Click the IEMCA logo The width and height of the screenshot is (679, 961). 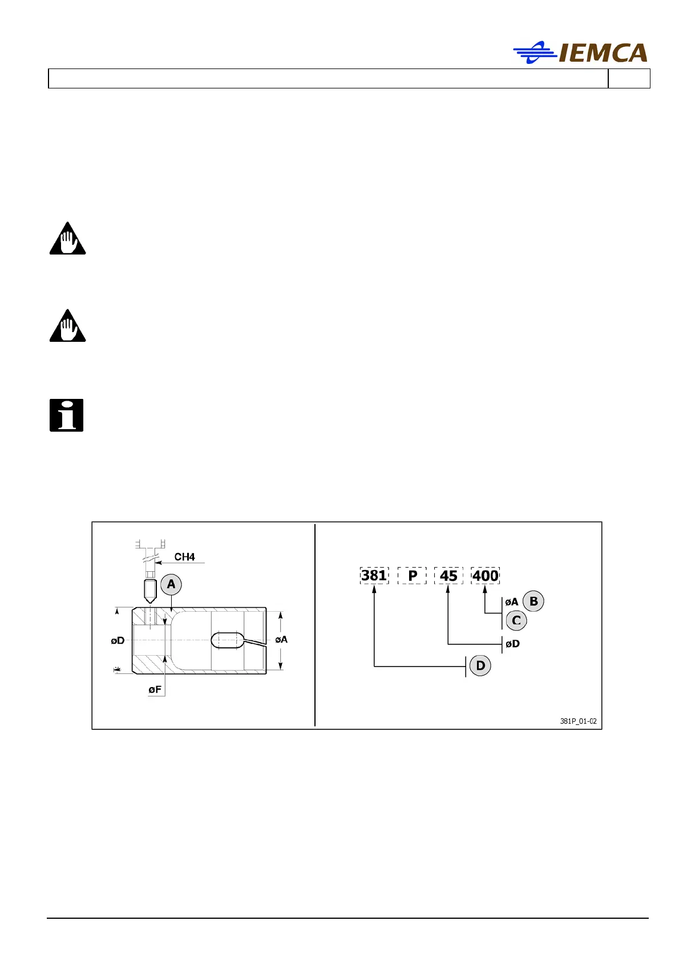click(x=580, y=53)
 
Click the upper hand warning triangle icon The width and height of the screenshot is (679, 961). click(x=67, y=239)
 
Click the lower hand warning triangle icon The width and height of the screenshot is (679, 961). click(x=67, y=326)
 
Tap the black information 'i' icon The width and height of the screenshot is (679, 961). click(x=67, y=415)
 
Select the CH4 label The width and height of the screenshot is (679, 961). click(x=184, y=556)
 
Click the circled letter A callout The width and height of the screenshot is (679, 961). click(x=171, y=584)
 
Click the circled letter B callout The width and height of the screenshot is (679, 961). click(x=533, y=601)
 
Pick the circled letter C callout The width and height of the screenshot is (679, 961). click(x=516, y=620)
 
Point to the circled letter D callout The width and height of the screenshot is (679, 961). click(x=480, y=665)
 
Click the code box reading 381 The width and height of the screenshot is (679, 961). click(x=374, y=575)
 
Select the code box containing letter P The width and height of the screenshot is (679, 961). click(x=412, y=575)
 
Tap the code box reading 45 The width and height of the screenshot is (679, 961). click(x=448, y=575)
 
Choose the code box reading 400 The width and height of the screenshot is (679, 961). click(x=485, y=575)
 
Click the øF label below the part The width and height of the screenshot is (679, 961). click(x=155, y=689)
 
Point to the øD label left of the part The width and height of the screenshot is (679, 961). click(x=118, y=640)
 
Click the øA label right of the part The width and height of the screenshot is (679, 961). click(x=281, y=640)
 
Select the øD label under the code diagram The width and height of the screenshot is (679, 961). click(x=512, y=644)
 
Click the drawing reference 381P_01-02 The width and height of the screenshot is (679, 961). click(x=578, y=721)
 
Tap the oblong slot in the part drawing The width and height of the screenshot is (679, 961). click(x=227, y=640)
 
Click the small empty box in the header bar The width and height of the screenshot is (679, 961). click(x=629, y=79)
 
